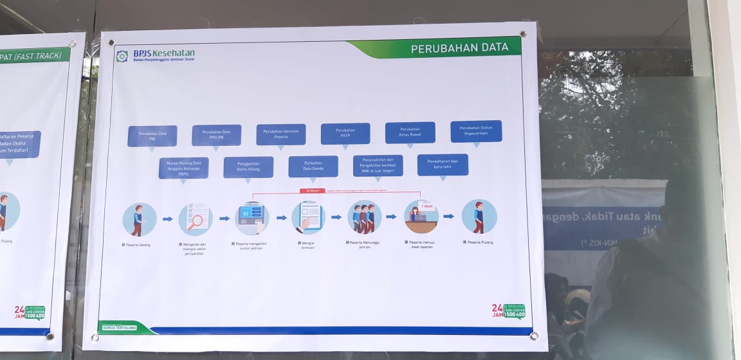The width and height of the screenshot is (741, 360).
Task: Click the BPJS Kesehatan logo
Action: [x=155, y=55]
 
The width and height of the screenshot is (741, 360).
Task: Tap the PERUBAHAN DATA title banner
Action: [x=459, y=48]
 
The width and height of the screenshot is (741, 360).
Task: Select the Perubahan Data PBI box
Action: [x=152, y=136]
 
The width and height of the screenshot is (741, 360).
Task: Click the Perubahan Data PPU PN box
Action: [x=216, y=135]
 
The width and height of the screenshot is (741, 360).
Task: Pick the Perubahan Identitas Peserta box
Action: [x=281, y=134]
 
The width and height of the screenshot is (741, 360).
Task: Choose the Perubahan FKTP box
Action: [x=345, y=134]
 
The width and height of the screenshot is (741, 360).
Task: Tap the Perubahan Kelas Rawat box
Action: [x=410, y=132]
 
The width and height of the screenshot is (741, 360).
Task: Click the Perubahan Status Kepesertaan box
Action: [x=476, y=131]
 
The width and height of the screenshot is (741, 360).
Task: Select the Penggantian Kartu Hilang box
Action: [x=248, y=167]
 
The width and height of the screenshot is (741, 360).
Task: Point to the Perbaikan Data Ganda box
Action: [x=313, y=166]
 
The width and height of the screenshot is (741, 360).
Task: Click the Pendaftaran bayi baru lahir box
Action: [x=443, y=165]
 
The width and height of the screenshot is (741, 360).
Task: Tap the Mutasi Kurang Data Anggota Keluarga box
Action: [x=184, y=168]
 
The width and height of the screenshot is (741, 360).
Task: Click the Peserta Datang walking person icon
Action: [x=139, y=219]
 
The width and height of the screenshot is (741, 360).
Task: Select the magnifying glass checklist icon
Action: [x=196, y=219]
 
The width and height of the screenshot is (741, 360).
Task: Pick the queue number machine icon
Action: [x=252, y=218]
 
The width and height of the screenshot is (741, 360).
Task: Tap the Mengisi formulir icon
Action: [x=308, y=217]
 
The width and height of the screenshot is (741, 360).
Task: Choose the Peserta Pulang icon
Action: [x=479, y=216]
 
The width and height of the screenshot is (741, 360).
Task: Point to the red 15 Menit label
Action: [x=313, y=191]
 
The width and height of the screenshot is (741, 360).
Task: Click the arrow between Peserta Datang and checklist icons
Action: [x=167, y=219]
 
